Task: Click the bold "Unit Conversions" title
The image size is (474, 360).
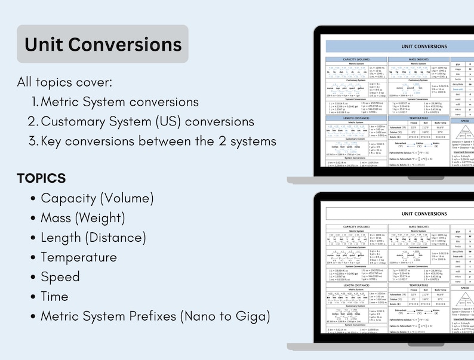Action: point(103,44)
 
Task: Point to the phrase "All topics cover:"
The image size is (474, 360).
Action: point(64,82)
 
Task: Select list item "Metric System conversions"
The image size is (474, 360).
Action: point(119,101)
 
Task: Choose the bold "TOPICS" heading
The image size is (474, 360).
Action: point(41,179)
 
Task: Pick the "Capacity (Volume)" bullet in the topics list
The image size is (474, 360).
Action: point(97,198)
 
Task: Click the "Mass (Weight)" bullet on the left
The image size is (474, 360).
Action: point(82,218)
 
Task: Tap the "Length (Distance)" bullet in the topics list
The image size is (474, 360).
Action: point(93,238)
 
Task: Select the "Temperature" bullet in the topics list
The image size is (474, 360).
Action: point(78,257)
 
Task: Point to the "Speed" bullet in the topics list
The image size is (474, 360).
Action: point(60,277)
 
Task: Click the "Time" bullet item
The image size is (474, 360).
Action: point(54,297)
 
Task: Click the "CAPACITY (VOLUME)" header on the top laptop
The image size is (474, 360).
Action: point(356,60)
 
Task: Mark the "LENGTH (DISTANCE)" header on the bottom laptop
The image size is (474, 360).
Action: point(356,285)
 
